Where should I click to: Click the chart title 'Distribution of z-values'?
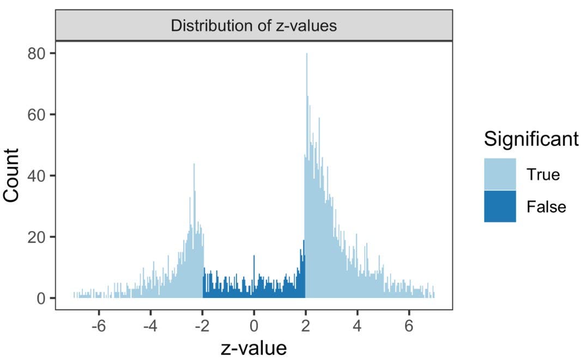coord(254,26)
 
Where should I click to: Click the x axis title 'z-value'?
coord(254,346)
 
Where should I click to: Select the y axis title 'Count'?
coord(15,175)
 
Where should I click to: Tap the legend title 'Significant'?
coord(531,139)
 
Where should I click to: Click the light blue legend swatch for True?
coord(500,174)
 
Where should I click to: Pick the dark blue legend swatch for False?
coord(500,206)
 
